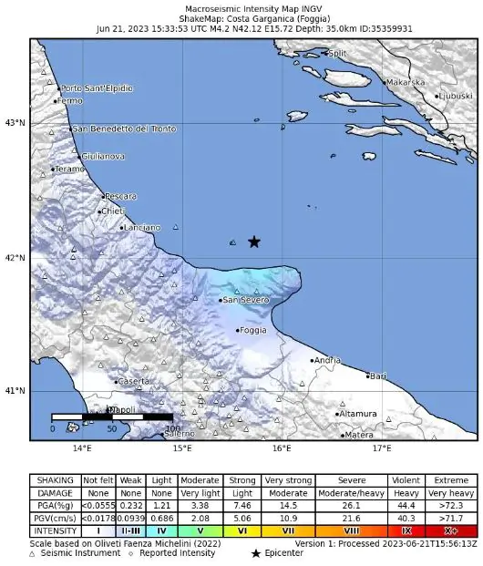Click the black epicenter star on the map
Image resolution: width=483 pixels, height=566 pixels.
(x=254, y=242)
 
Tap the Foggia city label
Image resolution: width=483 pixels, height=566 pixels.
(x=252, y=331)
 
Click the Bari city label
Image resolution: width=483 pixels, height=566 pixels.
(x=378, y=376)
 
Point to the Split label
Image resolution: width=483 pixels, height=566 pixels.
(x=338, y=54)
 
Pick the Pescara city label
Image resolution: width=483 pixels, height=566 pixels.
(x=120, y=196)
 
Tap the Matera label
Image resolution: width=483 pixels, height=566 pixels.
(x=358, y=435)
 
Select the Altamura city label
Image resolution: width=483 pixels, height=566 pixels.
(x=357, y=414)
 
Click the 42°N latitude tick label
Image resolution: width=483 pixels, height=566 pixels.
(x=15, y=257)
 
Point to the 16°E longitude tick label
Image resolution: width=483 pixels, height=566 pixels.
(x=282, y=448)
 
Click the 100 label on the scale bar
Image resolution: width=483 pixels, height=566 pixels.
(x=173, y=428)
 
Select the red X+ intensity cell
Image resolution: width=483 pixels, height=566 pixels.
(x=451, y=530)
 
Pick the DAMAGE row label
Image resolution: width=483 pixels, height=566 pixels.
(x=55, y=492)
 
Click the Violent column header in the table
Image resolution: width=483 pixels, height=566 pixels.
(x=406, y=480)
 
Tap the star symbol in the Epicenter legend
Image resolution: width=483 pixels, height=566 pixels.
(x=256, y=553)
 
